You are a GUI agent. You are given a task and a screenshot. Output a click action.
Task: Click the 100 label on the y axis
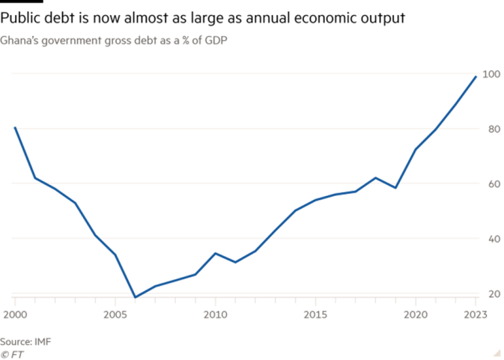(x=491, y=74)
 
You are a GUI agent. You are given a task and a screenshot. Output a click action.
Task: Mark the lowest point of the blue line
(x=136, y=296)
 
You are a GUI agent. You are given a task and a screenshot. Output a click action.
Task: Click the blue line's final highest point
(x=477, y=74)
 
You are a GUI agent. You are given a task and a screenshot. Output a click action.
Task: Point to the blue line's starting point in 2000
(x=14, y=129)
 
